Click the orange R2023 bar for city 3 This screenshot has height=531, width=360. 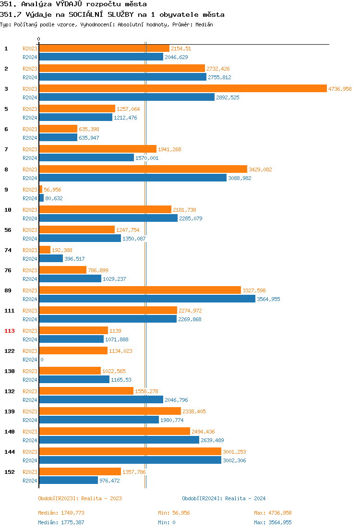(182, 88)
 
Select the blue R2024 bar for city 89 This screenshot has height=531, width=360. (147, 299)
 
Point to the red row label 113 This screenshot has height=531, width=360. (10, 331)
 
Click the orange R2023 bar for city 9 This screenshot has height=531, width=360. (40, 189)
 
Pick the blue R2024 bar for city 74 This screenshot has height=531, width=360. (51, 258)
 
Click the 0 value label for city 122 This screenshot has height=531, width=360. (42, 360)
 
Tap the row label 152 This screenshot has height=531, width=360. (10, 472)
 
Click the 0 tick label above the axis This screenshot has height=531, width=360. (39, 39)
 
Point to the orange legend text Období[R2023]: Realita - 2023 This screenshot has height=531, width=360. (80, 498)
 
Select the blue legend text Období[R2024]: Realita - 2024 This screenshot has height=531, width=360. (224, 498)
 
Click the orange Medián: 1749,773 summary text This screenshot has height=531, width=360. (61, 513)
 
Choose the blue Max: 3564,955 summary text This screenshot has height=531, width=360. (273, 522)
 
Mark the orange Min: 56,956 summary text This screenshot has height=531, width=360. (174, 513)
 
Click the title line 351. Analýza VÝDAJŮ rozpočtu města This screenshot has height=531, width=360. (73, 4)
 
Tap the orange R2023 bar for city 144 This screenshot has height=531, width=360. (130, 451)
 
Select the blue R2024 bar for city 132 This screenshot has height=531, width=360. (101, 399)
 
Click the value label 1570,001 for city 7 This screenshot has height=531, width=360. (147, 158)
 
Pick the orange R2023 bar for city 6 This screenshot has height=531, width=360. (58, 129)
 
